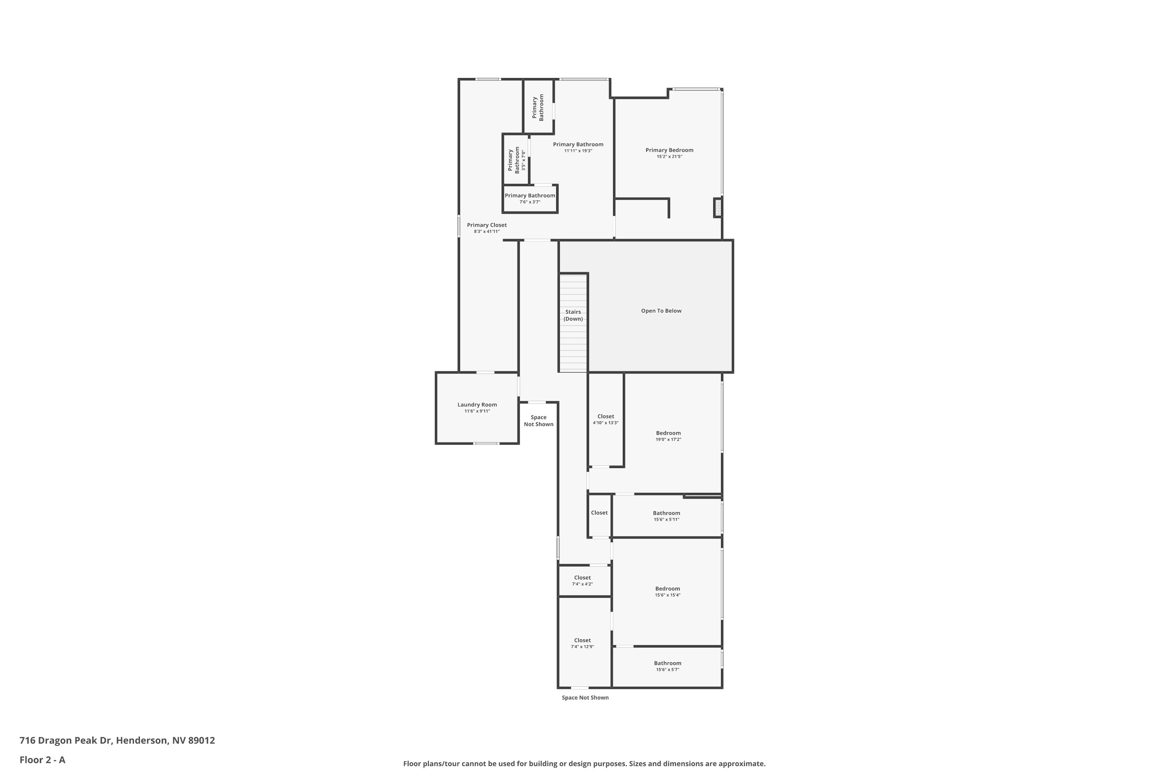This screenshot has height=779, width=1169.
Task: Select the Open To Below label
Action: click(x=660, y=311)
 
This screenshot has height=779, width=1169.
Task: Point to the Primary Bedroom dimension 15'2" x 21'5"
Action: click(x=669, y=157)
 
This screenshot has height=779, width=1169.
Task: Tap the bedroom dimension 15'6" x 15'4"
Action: click(x=667, y=595)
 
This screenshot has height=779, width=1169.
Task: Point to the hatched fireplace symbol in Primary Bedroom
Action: click(x=717, y=207)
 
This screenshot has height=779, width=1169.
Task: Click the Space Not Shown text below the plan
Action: click(x=584, y=698)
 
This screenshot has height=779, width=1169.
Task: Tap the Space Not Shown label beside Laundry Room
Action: click(x=538, y=421)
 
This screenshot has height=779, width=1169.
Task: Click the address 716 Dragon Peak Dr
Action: click(x=117, y=740)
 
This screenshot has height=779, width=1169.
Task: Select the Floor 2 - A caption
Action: click(x=42, y=760)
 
